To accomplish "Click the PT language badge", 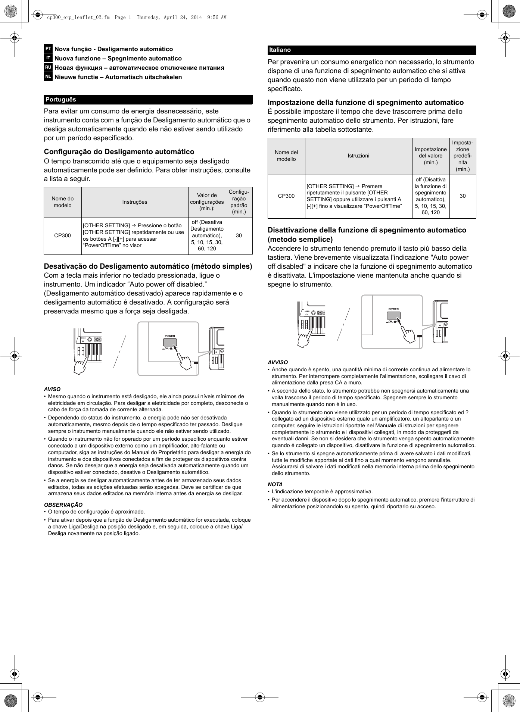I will point(48,49).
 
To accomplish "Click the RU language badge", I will point(48,68).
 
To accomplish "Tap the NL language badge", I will point(48,77).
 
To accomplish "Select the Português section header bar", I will point(148,100).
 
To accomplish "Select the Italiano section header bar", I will point(371,50).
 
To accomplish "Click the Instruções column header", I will point(135,202).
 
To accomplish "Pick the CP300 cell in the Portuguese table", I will point(62,235).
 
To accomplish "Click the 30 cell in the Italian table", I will point(463,196).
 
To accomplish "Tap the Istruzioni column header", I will point(358,156).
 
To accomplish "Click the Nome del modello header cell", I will point(286,156).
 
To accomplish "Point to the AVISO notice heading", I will point(52,389).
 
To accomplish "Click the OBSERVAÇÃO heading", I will point(63,505).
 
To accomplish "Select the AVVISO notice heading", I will point(278,362).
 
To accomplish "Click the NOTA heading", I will point(275,484).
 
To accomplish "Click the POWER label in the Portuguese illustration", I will point(170,336).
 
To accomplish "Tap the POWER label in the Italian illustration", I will point(393,309).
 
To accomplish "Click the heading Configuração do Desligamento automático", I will point(119,152).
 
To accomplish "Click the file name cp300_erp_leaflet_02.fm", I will point(78,17).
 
